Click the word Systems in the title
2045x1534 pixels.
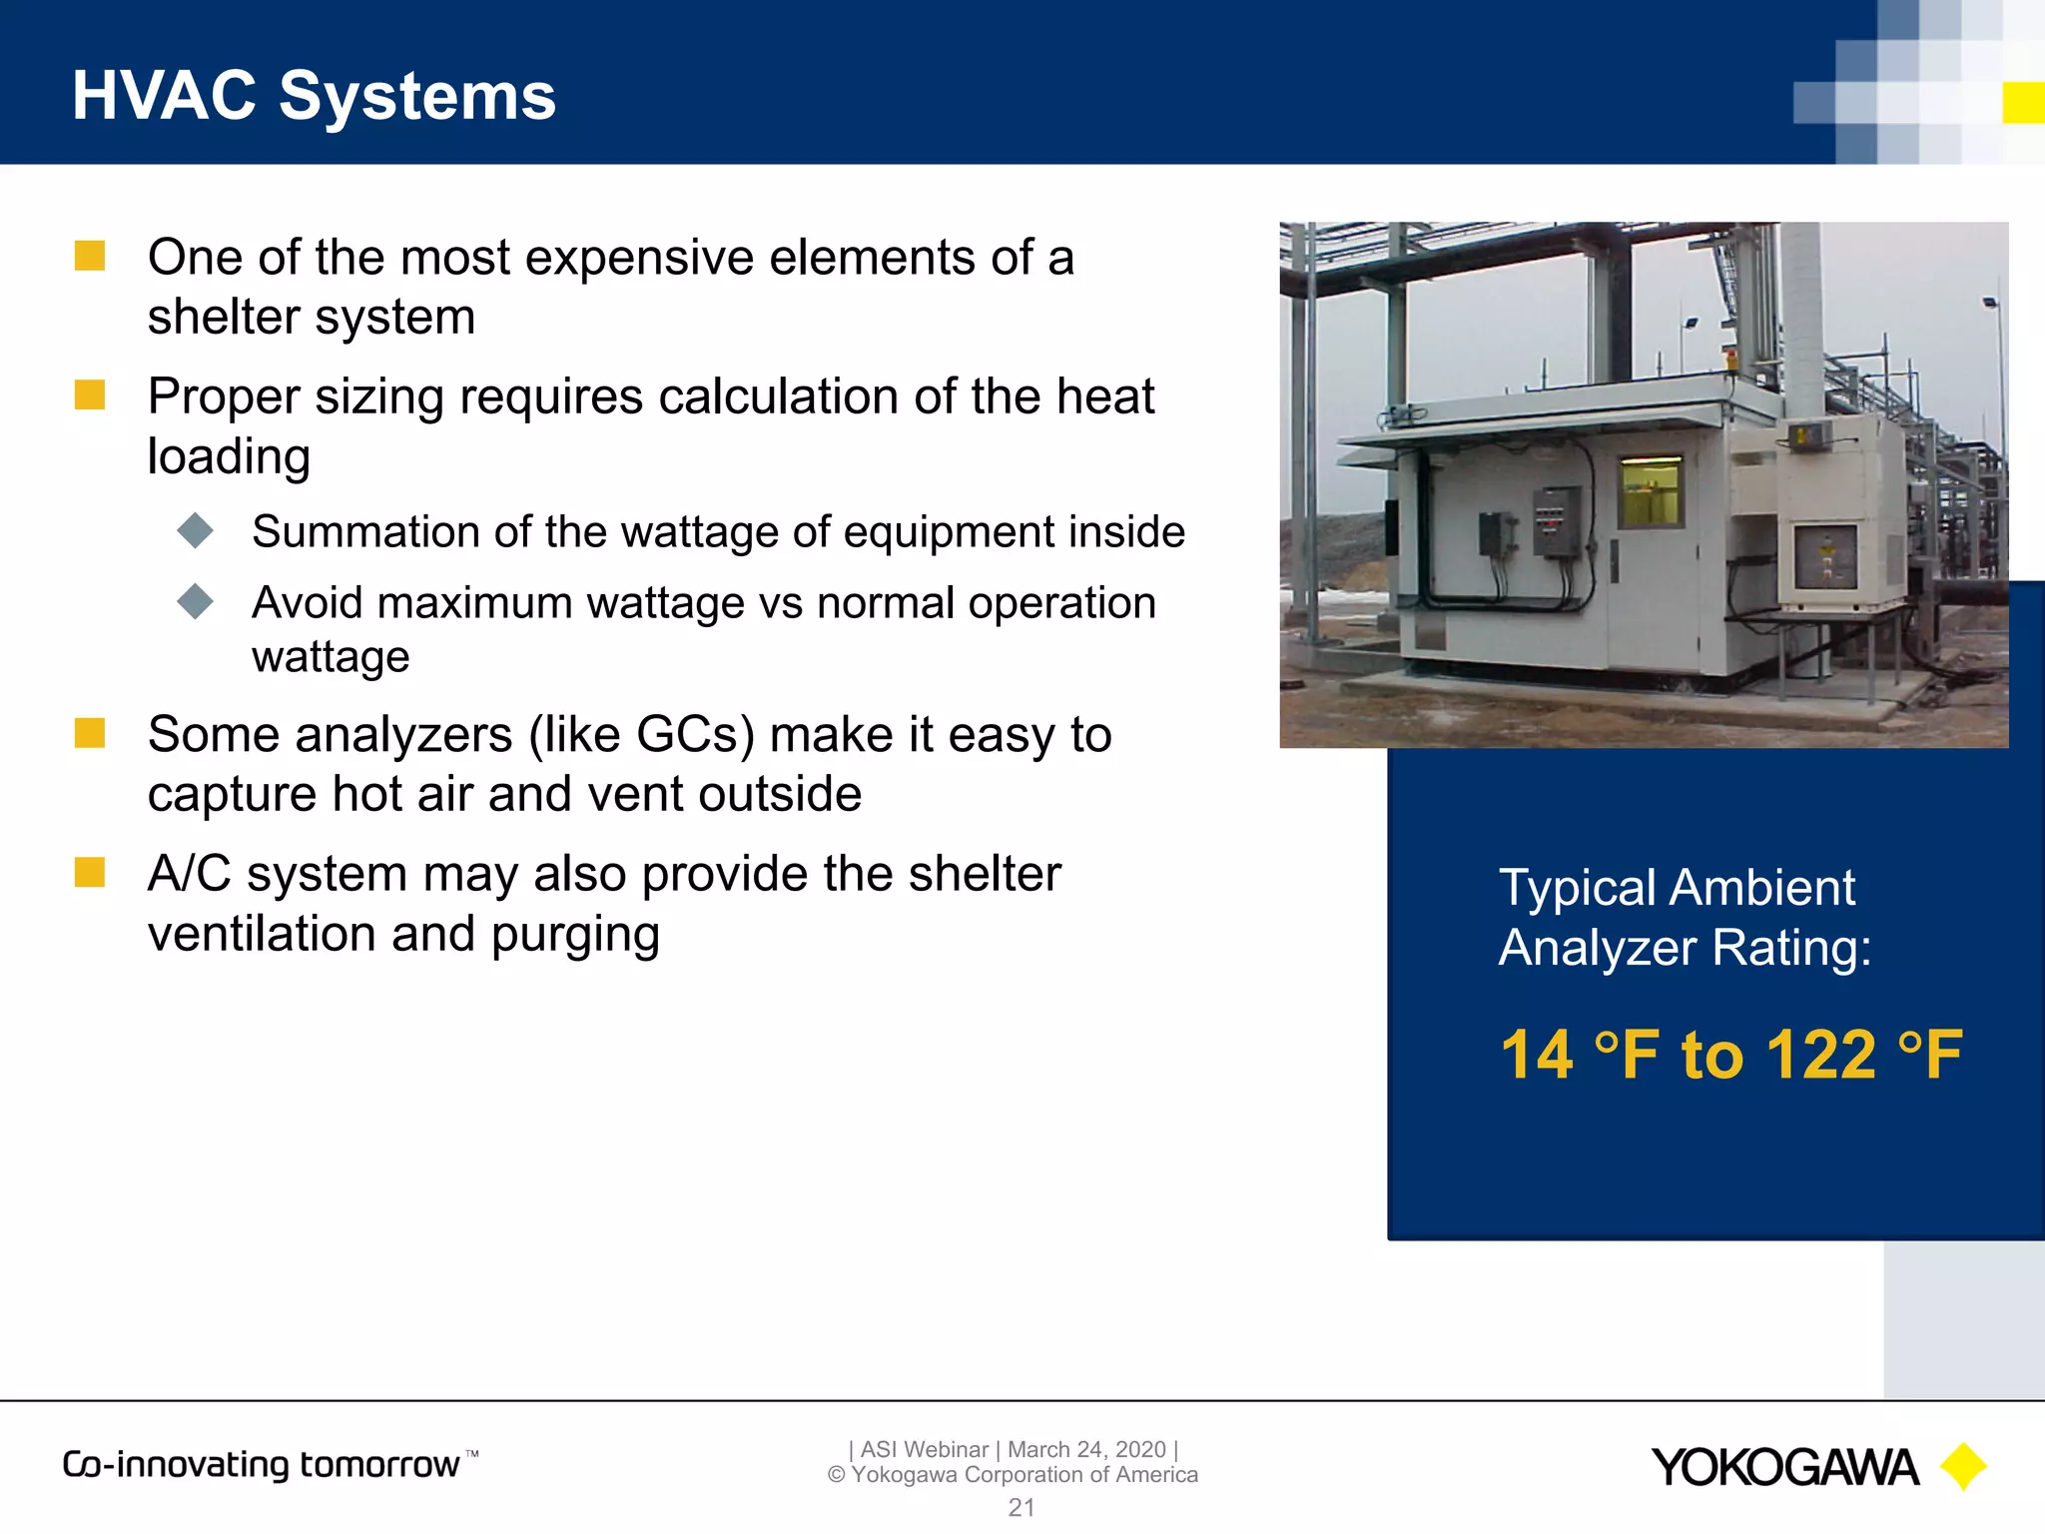(x=416, y=97)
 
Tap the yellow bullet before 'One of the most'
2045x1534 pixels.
(x=90, y=256)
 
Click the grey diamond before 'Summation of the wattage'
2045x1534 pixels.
(x=196, y=530)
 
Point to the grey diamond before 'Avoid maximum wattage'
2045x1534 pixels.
(x=196, y=601)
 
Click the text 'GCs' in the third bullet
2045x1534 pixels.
(x=695, y=735)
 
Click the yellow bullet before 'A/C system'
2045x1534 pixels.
(x=90, y=872)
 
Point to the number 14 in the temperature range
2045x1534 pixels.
(x=1537, y=1055)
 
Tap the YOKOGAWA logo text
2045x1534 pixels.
(x=1784, y=1468)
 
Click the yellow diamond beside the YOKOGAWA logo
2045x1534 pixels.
(x=1963, y=1467)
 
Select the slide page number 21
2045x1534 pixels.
(x=1022, y=1507)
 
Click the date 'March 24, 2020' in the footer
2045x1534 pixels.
(x=1086, y=1449)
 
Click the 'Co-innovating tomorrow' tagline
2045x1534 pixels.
(x=262, y=1465)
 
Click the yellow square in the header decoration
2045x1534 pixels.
(x=2023, y=103)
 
